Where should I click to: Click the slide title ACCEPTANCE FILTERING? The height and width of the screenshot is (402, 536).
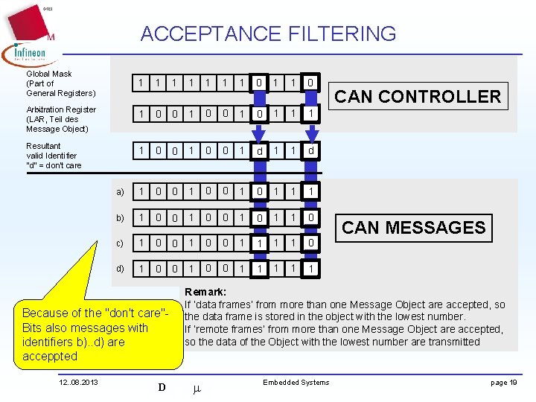268,33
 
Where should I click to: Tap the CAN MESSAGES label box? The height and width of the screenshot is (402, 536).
413,227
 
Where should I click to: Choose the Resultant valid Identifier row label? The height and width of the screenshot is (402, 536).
54,155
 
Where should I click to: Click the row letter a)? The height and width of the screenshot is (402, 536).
120,192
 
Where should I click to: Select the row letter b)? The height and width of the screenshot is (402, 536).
120,218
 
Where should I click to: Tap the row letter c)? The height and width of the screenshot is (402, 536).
120,243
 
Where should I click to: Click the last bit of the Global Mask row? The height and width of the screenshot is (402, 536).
310,82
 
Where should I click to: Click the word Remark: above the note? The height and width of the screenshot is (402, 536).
205,292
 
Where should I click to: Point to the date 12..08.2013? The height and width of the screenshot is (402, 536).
80,383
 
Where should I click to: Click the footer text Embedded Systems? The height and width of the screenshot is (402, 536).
296,383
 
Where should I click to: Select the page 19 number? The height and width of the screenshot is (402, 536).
504,383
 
